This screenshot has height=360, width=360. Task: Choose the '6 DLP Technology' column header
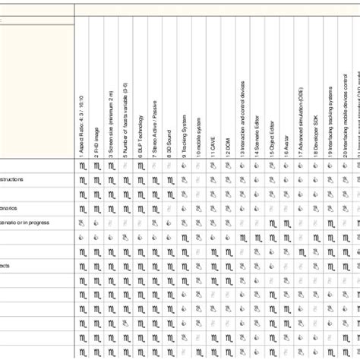tap(141, 134)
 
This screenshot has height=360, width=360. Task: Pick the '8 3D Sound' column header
tap(169, 141)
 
